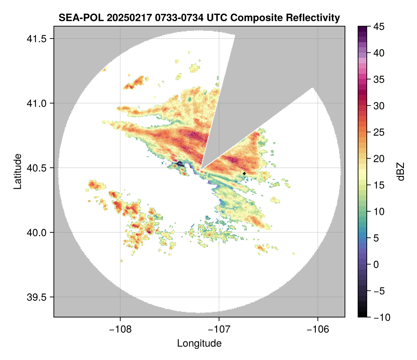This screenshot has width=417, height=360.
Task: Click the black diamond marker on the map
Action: point(244,173)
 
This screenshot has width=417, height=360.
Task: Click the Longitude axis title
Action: point(199,343)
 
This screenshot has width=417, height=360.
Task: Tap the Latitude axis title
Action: point(17,171)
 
